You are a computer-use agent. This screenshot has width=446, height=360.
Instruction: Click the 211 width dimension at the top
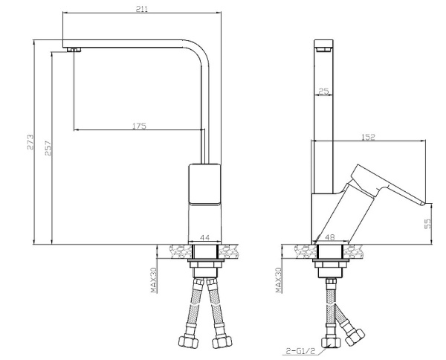tap(142, 9)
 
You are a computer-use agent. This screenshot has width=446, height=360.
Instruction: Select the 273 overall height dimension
tap(30, 142)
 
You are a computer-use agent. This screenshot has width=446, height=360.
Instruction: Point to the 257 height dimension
tap(48, 148)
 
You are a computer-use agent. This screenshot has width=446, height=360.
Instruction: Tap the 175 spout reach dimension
tap(140, 126)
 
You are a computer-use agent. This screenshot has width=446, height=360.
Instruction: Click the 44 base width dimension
tap(205, 237)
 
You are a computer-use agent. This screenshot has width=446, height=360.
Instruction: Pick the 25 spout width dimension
tap(323, 91)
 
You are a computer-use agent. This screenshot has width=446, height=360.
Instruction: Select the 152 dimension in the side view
tap(369, 137)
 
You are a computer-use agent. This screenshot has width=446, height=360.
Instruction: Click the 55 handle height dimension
tap(428, 224)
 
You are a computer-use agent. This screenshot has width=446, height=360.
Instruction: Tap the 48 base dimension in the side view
tap(330, 237)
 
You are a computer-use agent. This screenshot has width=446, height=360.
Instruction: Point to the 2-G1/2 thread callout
tap(301, 352)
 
